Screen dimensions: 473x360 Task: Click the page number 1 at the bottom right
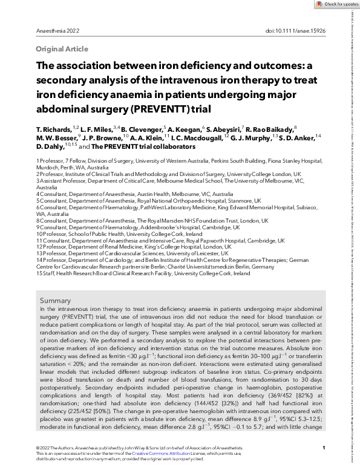tap(324, 448)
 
